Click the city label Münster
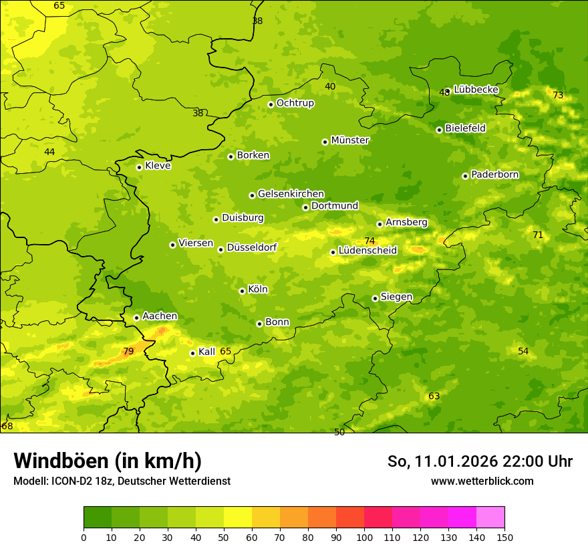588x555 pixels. coord(350,140)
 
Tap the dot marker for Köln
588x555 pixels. coord(242,291)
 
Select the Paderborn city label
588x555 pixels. coord(494,175)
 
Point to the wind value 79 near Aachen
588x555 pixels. coord(128,351)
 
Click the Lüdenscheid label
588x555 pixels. coord(367,251)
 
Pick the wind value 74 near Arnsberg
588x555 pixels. coord(370,241)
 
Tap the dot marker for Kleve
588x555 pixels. coord(139,167)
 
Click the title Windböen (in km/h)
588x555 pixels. coord(108,461)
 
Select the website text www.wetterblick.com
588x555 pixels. coord(482,481)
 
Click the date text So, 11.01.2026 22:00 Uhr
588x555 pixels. coord(480,461)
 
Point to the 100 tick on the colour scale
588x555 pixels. coord(364,537)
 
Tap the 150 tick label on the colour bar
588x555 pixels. coord(504,537)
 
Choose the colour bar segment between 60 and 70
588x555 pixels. coord(266,518)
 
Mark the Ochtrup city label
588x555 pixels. coord(295,103)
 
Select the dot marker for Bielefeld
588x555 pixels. coord(439,130)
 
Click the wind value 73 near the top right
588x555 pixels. coord(558,96)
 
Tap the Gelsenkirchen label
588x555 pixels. coord(291,194)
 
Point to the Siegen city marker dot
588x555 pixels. coord(375,298)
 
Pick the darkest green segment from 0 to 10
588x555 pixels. coord(98,518)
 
